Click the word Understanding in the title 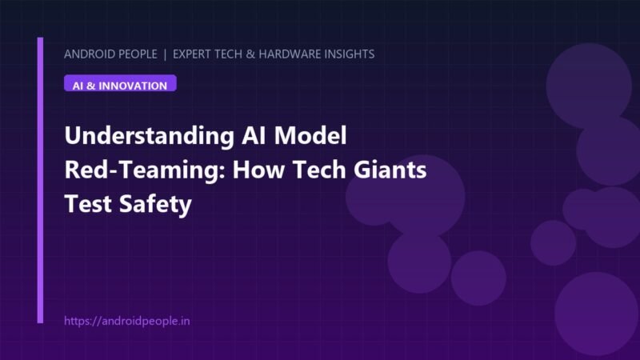tap(150, 136)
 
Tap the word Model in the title tap(310, 135)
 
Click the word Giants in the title tap(390, 170)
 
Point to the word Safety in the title tap(155, 205)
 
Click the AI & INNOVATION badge tap(120, 83)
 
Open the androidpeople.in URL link tap(127, 322)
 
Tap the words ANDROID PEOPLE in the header tap(110, 54)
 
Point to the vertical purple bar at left tap(40, 180)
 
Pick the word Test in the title tap(88, 204)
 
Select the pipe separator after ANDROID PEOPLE tap(165, 54)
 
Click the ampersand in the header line tap(250, 54)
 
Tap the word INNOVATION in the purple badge tap(133, 86)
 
